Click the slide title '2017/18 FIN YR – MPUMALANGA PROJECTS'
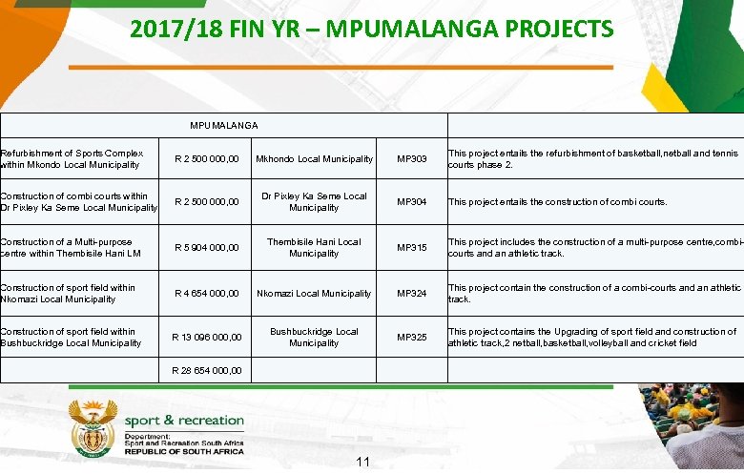point(372,30)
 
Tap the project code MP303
point(413,159)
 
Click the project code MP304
point(413,202)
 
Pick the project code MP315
point(413,248)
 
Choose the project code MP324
point(413,294)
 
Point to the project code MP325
point(413,338)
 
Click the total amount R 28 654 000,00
point(206,370)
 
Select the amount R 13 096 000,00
point(206,338)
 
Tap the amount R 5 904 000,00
point(206,248)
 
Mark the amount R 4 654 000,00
point(206,294)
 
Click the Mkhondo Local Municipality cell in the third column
point(314,159)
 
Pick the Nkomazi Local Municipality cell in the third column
point(314,294)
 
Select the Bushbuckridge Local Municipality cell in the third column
point(314,338)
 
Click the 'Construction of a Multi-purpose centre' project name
point(67,248)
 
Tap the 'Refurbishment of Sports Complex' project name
point(72,158)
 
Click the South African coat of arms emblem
point(92,430)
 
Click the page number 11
point(362,463)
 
